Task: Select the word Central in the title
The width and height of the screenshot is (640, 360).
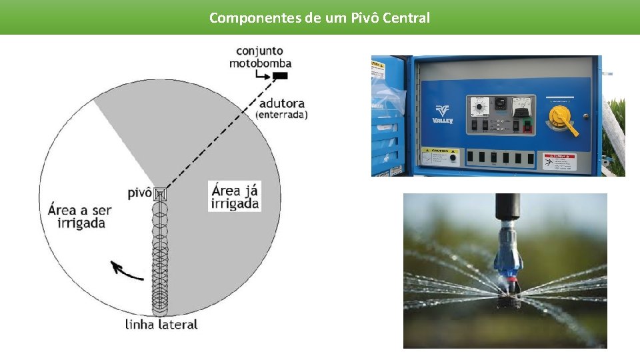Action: (x=406, y=18)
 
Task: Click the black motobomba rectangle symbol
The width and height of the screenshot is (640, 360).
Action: (x=281, y=76)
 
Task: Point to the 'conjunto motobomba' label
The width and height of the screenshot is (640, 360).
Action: (x=260, y=57)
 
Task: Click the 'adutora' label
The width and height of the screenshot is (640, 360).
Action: (x=281, y=103)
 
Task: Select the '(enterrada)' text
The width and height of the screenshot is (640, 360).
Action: (x=281, y=115)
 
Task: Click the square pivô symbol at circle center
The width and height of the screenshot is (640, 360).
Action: (x=160, y=195)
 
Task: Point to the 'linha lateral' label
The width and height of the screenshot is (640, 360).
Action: (x=161, y=325)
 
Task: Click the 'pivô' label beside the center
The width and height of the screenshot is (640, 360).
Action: (x=139, y=193)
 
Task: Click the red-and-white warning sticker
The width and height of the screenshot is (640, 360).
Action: (x=558, y=161)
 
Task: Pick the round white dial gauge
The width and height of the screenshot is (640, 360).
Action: (x=478, y=105)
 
